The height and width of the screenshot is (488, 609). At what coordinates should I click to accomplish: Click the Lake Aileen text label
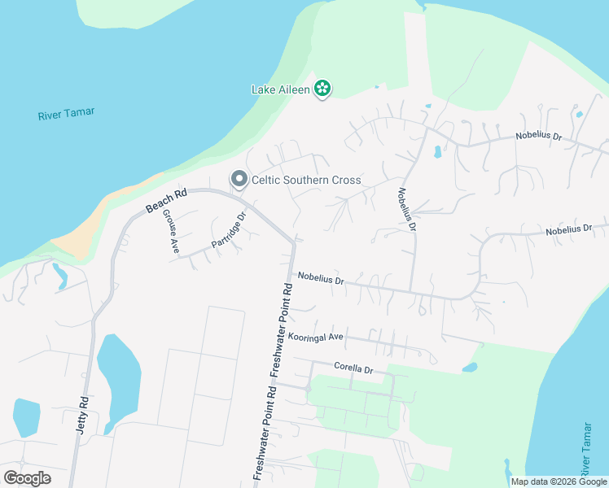(280, 89)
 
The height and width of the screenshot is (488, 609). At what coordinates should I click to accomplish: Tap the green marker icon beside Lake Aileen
(322, 89)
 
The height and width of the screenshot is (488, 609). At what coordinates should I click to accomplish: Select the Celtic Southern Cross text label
(306, 180)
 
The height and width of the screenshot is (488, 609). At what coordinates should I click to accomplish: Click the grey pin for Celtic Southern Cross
(239, 178)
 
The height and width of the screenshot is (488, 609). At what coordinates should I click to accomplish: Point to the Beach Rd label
(167, 202)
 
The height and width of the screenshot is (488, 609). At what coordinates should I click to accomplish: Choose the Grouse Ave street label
(169, 232)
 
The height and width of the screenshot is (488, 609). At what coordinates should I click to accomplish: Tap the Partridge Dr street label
(229, 231)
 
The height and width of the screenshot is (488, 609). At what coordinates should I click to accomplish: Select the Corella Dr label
(353, 368)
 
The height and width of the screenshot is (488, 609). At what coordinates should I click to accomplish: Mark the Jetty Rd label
(82, 416)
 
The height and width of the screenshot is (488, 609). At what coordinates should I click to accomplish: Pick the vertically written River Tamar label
(585, 449)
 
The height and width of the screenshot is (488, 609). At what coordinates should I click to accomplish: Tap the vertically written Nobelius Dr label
(406, 209)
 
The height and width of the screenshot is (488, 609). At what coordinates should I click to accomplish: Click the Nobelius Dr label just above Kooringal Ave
(321, 279)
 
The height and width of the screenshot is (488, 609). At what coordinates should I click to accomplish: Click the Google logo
(27, 478)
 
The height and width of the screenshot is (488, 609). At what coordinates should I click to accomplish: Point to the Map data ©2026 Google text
(559, 481)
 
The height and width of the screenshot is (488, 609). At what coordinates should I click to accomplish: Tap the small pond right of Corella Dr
(469, 368)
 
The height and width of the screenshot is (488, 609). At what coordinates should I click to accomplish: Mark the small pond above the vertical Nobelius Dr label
(437, 152)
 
